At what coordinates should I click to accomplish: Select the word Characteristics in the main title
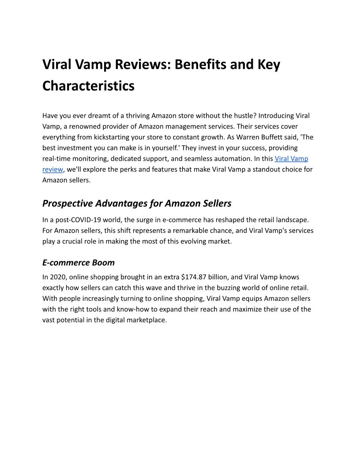click(88, 86)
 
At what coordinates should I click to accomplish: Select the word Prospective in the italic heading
click(67, 203)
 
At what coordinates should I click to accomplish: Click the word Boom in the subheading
click(103, 263)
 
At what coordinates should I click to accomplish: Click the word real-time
click(56, 158)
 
